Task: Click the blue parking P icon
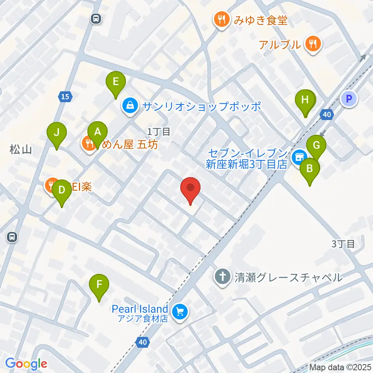[x=349, y=98]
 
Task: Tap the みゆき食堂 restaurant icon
[x=221, y=19]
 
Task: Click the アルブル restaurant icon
[x=312, y=44]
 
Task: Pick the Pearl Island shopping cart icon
[x=180, y=311]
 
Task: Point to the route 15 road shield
[x=65, y=97]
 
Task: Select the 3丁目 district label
[x=343, y=244]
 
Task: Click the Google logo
[x=26, y=364]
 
